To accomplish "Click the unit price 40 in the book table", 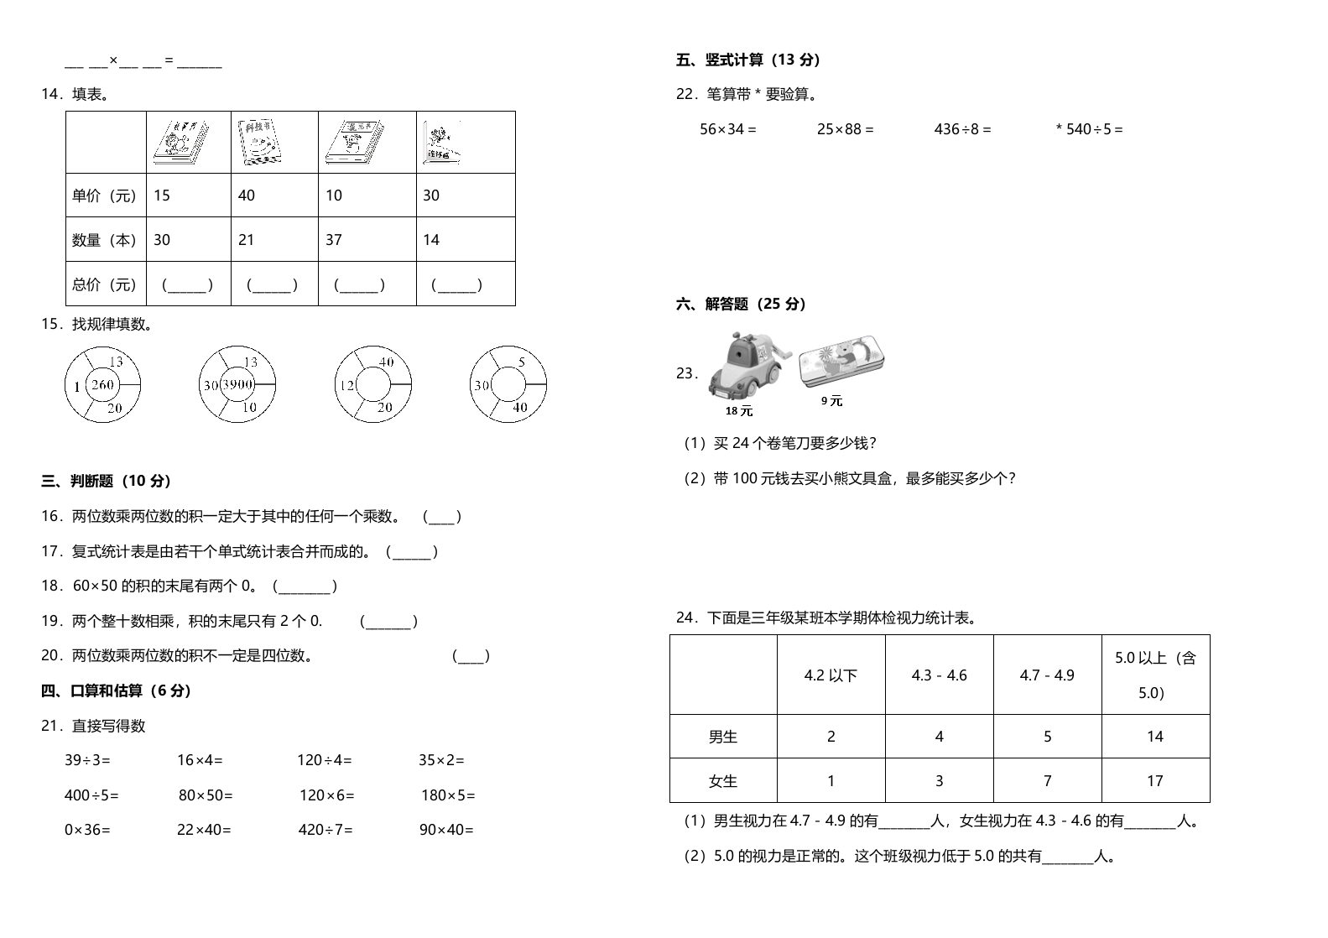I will [x=247, y=195].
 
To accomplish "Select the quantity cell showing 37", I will [x=334, y=240].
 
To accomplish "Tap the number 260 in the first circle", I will [x=102, y=385].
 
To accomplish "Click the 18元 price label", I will [x=739, y=411].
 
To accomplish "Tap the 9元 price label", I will [x=831, y=401].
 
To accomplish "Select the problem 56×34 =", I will [x=727, y=129].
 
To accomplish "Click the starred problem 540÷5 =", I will [x=1089, y=129].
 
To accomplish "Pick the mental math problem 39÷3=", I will [x=87, y=760].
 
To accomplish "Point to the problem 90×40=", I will [x=446, y=830].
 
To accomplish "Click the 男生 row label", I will [x=722, y=737].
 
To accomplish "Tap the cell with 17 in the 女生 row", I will [x=1154, y=781].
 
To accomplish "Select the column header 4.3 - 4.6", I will [x=939, y=675].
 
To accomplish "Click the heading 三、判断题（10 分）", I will [x=107, y=482].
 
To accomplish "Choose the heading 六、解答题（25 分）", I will [x=741, y=304].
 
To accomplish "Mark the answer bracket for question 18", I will [x=305, y=586].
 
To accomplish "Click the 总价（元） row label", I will [x=105, y=284].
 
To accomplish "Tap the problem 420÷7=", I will [x=325, y=830].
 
